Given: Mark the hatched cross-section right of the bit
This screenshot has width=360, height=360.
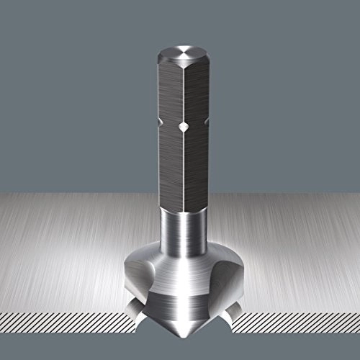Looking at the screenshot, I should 302,317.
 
